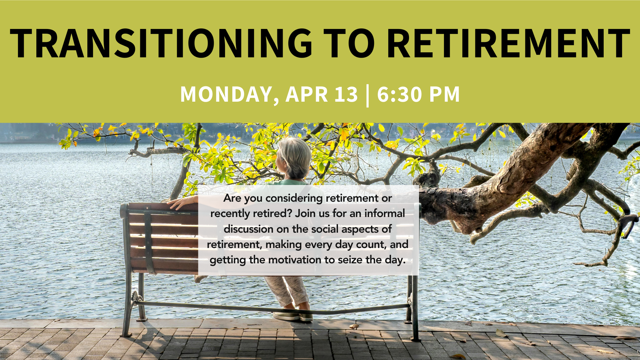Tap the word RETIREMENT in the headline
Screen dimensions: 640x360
click(509, 43)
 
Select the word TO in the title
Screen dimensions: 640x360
click(349, 43)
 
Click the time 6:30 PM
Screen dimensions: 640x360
click(419, 94)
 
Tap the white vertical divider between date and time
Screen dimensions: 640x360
click(368, 96)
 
